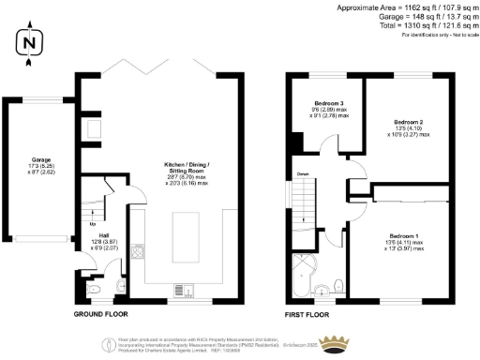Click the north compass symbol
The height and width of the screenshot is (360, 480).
[x=31, y=43]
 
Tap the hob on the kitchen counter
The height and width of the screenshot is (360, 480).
[x=138, y=251]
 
